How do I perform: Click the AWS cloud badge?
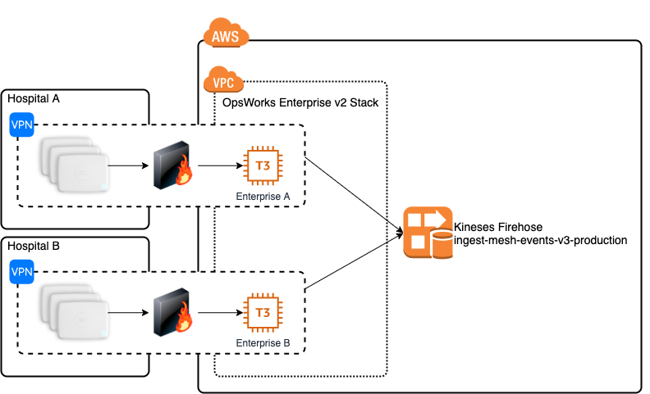pos(226,34)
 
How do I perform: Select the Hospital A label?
pos(34,99)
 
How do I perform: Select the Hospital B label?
pos(34,246)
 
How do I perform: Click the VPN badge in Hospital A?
pos(21,125)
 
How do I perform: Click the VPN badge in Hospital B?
pos(21,271)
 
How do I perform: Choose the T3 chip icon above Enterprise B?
pos(263,313)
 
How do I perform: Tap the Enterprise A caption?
pos(263,197)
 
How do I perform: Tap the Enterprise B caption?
pos(263,343)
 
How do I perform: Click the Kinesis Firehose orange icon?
pos(428,233)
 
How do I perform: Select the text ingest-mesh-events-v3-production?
pos(540,241)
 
